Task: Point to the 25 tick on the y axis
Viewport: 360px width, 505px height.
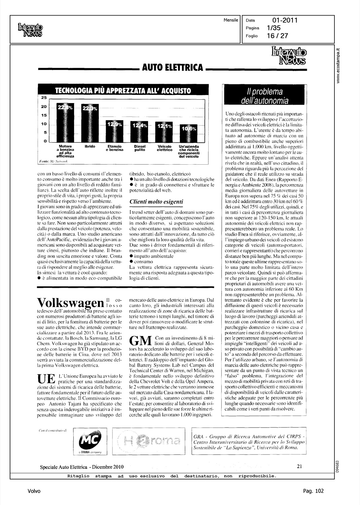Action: (x=44, y=98)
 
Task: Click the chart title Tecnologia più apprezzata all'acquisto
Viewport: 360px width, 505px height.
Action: (x=123, y=91)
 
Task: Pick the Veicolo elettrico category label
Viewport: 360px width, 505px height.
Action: (x=165, y=148)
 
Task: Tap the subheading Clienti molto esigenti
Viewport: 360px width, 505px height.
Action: (x=156, y=202)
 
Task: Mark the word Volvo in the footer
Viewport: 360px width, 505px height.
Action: (x=34, y=491)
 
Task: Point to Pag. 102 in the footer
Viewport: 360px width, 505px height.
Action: (x=313, y=491)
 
